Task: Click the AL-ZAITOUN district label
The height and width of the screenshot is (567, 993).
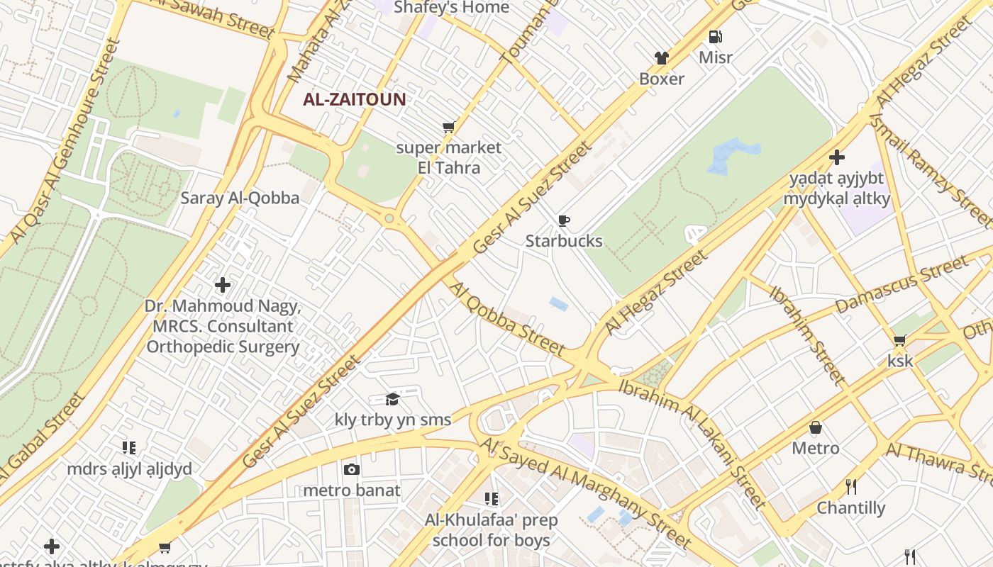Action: click(x=354, y=100)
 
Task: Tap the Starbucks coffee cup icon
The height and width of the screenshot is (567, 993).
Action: click(x=564, y=220)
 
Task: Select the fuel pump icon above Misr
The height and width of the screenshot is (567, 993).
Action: click(x=716, y=37)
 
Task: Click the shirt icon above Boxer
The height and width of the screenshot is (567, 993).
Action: click(x=661, y=58)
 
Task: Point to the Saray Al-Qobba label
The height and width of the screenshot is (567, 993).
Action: click(x=240, y=198)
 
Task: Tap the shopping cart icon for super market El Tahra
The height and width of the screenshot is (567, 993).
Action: click(x=448, y=128)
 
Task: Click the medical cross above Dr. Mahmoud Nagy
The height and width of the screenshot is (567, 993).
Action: click(x=223, y=285)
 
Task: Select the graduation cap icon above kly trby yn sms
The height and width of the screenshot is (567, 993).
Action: click(x=392, y=399)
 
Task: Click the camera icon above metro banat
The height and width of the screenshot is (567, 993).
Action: click(x=351, y=469)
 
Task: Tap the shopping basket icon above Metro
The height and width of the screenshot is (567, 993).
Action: click(x=816, y=427)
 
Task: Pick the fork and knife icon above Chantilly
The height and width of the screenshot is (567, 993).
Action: click(x=851, y=487)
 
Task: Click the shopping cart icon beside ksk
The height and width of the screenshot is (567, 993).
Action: click(x=900, y=340)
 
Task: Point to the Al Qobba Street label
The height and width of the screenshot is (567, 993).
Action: click(x=506, y=319)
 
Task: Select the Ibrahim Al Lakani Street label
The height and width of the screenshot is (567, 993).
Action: click(x=692, y=444)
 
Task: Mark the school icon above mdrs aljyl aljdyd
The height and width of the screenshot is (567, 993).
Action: click(x=129, y=448)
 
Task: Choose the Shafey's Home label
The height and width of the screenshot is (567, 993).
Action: click(x=451, y=8)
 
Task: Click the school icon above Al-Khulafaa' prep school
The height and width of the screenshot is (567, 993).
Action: click(x=491, y=499)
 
